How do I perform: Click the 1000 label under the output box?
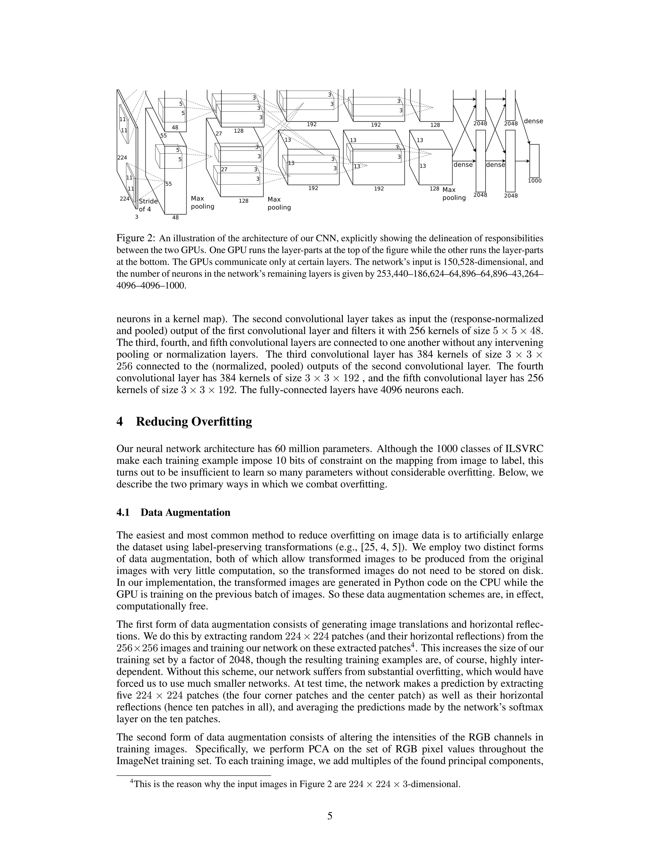pyautogui.click(x=535, y=181)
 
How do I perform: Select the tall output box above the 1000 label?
pyautogui.click(x=534, y=161)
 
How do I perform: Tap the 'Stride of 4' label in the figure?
pyautogui.click(x=148, y=205)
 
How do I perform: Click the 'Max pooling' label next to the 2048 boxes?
pyautogui.click(x=454, y=194)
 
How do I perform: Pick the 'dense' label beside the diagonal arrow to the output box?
pyautogui.click(x=533, y=121)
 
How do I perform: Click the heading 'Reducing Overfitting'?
pyautogui.click(x=194, y=422)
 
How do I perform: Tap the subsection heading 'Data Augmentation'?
pyautogui.click(x=185, y=512)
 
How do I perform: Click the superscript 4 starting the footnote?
pyautogui.click(x=132, y=782)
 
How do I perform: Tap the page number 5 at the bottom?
pyautogui.click(x=330, y=816)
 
